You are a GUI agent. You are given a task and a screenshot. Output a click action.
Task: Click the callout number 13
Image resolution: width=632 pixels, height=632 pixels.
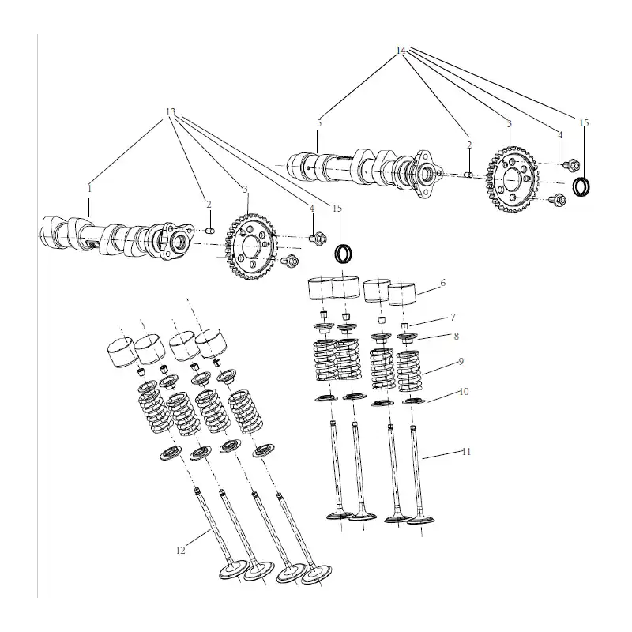(x=171, y=111)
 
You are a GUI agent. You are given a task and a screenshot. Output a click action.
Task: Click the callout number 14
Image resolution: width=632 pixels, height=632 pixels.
(x=401, y=51)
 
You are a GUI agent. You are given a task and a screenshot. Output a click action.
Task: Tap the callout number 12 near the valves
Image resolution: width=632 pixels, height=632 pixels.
(x=181, y=550)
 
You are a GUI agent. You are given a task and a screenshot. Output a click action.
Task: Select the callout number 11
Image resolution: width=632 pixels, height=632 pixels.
(x=466, y=452)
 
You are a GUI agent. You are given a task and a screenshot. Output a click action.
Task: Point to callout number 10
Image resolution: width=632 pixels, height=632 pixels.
(x=464, y=391)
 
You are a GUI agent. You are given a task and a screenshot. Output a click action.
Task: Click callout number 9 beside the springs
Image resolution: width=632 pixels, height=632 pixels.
(x=461, y=361)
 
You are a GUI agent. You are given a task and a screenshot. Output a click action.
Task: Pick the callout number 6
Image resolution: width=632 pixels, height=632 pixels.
(x=443, y=283)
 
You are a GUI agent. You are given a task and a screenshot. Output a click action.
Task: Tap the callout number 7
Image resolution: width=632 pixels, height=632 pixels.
(x=453, y=318)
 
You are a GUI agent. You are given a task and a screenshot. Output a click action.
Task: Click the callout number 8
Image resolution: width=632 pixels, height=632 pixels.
(x=457, y=337)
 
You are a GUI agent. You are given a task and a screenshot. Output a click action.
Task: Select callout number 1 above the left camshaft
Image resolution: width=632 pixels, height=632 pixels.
(x=89, y=188)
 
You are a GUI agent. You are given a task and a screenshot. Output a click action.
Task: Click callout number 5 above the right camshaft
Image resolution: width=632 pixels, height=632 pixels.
(x=319, y=123)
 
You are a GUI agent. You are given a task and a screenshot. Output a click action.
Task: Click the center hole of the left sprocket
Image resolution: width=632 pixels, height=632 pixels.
(x=251, y=245)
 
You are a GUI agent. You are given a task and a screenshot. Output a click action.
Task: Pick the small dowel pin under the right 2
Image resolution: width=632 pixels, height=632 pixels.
(x=469, y=174)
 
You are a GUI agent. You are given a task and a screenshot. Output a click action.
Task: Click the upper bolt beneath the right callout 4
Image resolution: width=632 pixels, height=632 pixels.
(x=571, y=164)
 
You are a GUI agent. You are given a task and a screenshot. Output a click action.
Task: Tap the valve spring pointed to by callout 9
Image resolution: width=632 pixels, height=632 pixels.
(x=408, y=371)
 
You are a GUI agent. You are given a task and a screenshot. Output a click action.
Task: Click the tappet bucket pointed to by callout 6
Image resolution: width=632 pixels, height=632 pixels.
(x=402, y=294)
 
